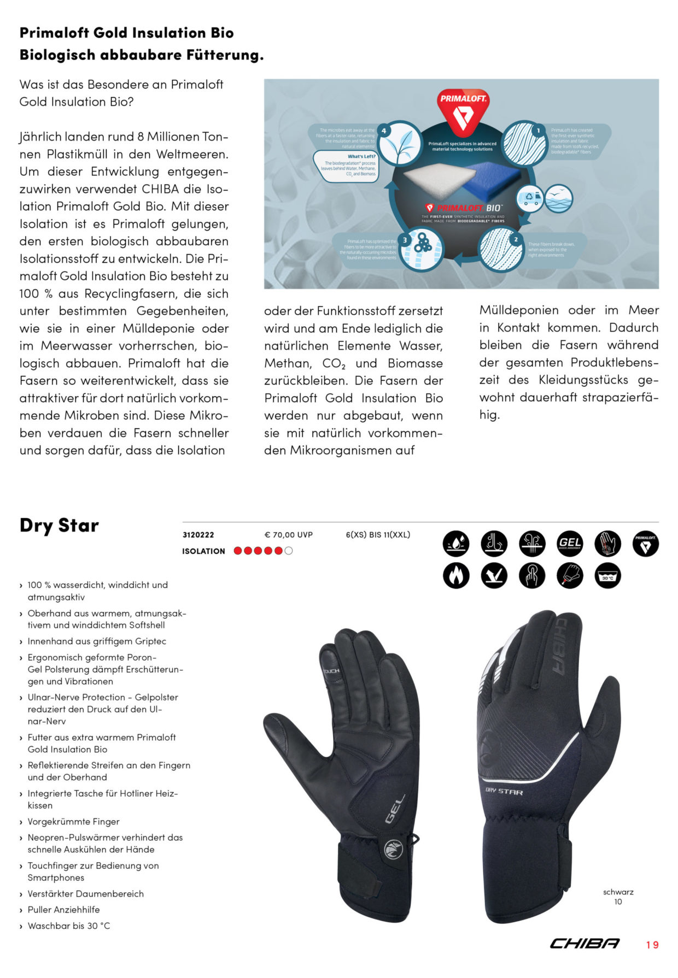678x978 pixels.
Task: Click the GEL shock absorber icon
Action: (569, 544)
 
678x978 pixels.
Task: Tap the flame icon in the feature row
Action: (456, 575)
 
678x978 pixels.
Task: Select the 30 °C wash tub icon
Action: (607, 575)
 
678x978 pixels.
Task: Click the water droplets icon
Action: (456, 544)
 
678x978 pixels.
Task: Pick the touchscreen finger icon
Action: (531, 575)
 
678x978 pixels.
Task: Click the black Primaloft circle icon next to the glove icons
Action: (645, 544)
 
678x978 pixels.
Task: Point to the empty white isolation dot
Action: (289, 551)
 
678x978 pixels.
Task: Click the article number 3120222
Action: (198, 535)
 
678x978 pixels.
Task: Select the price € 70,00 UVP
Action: (288, 535)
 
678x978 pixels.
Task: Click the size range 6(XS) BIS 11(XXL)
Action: (378, 535)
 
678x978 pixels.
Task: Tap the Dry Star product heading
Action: (59, 525)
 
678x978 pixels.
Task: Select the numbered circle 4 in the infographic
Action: (384, 131)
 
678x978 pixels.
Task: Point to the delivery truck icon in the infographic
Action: (529, 198)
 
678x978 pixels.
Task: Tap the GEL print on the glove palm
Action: (395, 809)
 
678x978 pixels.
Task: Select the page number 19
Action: (652, 945)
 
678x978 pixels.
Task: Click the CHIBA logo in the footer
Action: (585, 944)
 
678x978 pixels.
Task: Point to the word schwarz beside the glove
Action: (618, 892)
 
